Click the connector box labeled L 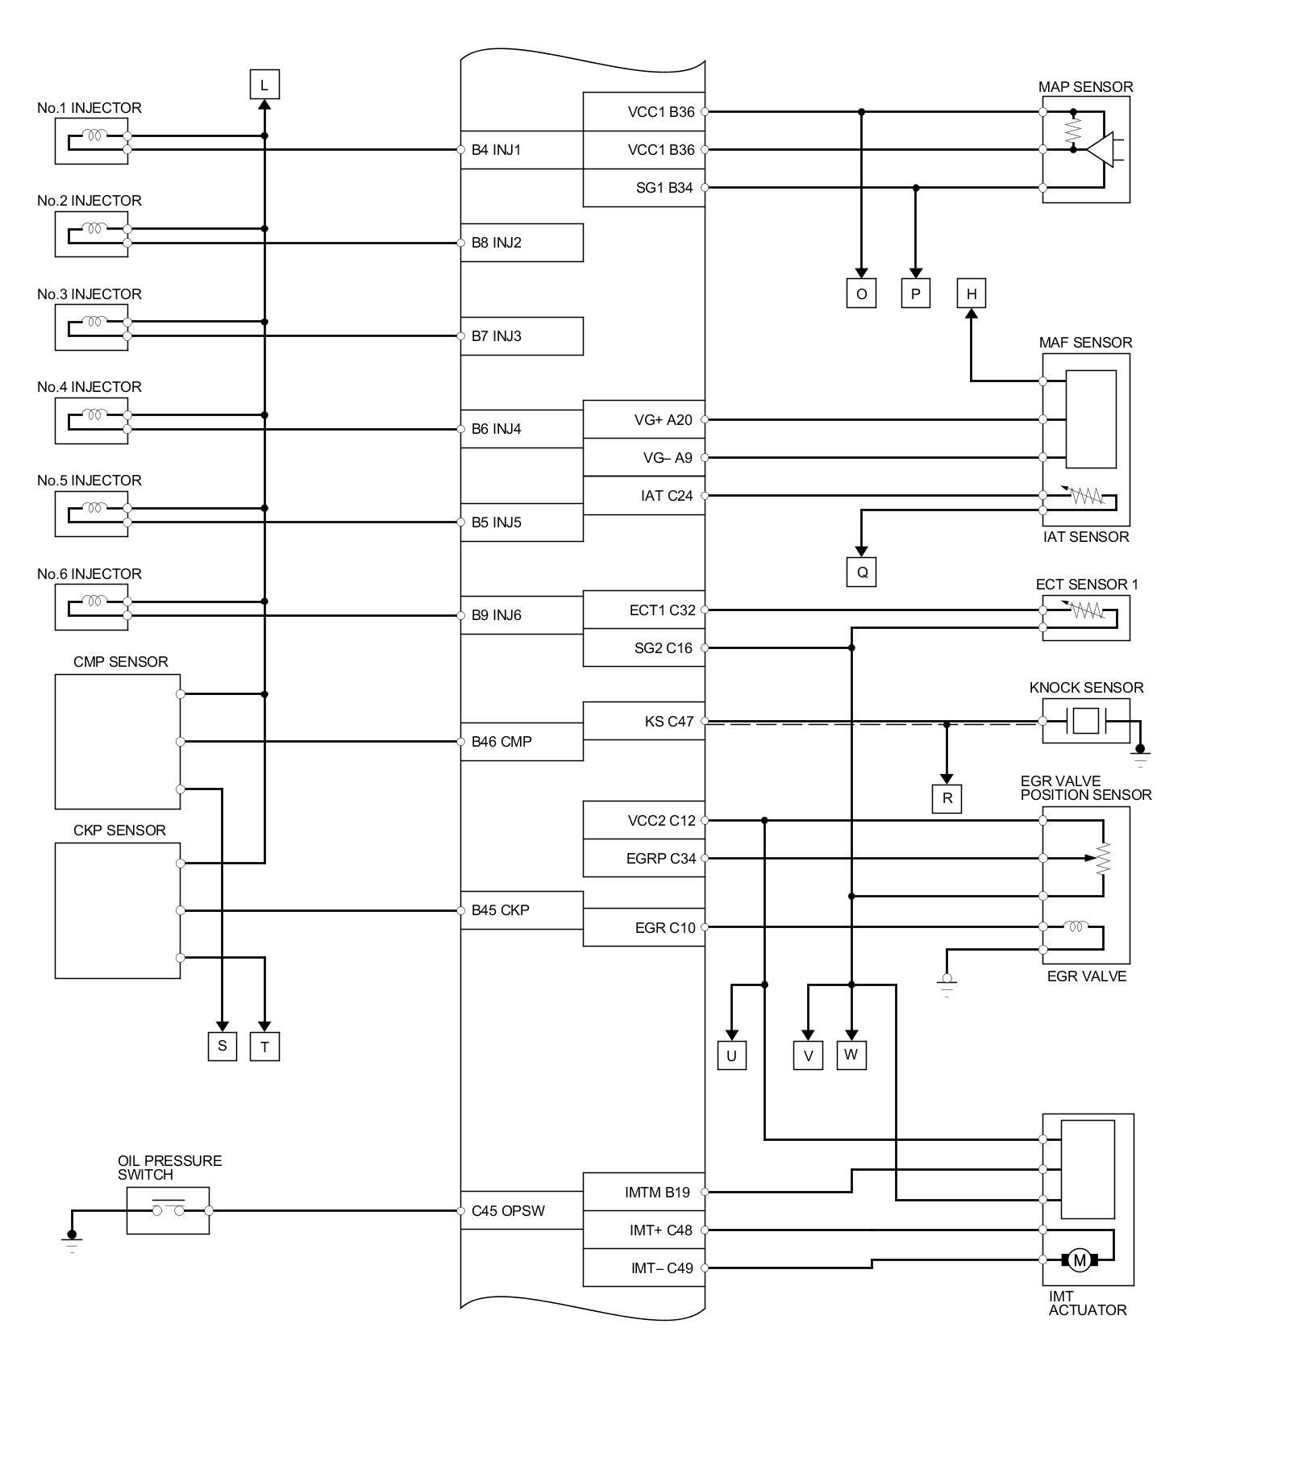264,84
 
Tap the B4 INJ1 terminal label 496,150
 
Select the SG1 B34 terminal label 664,188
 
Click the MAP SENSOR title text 1085,87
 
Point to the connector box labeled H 971,293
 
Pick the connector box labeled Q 861,572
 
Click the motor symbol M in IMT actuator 1079,1260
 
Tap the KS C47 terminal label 668,722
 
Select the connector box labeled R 947,798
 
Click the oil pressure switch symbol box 168,1210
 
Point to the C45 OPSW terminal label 508,1211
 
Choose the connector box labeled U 731,1055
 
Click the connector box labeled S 222,1047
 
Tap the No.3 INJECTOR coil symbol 95,322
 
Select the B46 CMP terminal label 501,742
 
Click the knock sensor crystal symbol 1085,721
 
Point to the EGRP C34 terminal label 660,859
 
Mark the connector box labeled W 851,1055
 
